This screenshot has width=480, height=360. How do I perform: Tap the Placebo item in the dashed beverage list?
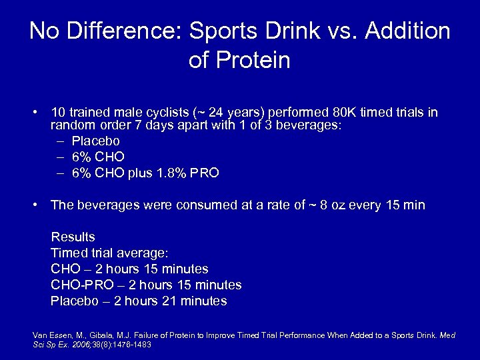(95, 141)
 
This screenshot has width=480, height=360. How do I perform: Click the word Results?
(73, 237)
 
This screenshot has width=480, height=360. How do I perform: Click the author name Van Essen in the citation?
(49, 335)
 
